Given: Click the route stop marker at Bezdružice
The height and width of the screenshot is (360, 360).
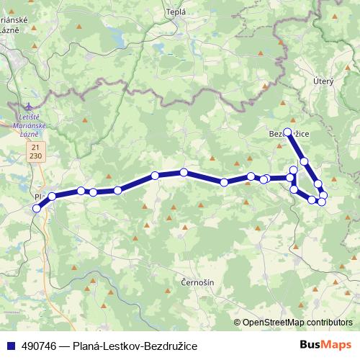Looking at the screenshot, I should [288, 132].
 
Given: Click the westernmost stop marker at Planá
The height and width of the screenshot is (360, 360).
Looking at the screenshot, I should [37, 209].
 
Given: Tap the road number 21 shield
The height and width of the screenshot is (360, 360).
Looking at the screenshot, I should [35, 146].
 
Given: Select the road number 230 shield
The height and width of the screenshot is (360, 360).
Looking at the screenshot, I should [35, 156].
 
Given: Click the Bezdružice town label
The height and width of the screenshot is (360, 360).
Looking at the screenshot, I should [289, 134].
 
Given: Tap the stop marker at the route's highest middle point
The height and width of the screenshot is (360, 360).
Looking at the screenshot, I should [184, 172].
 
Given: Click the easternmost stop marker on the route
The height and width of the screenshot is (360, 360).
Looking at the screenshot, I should [324, 195].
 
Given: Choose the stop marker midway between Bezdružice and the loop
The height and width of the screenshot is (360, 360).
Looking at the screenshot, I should [305, 161].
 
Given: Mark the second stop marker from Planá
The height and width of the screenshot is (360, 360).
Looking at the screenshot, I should [52, 196].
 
